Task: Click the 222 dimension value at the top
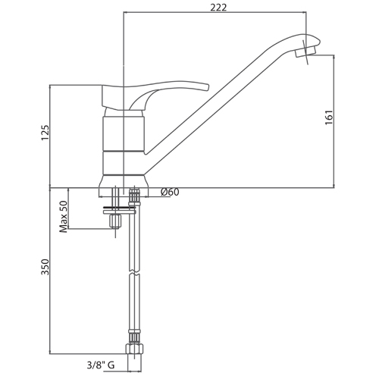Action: click(218, 8)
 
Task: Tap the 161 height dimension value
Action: click(329, 117)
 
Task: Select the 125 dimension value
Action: click(45, 133)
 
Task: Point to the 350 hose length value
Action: click(45, 267)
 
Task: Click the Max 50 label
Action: click(64, 217)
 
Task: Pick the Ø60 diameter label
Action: click(170, 193)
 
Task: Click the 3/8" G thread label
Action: click(101, 365)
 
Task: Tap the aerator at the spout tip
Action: click(305, 52)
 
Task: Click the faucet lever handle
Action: click(155, 97)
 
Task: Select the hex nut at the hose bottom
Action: click(134, 349)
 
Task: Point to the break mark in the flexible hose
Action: click(134, 274)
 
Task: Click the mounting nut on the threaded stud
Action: click(115, 221)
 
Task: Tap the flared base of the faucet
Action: click(124, 181)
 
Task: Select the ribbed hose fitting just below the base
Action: click(134, 196)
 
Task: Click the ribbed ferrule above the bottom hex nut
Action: click(134, 337)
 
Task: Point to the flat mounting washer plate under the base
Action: click(119, 210)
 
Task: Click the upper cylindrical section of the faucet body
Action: click(124, 133)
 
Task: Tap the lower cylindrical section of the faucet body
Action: click(124, 163)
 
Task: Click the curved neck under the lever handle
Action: click(139, 100)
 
